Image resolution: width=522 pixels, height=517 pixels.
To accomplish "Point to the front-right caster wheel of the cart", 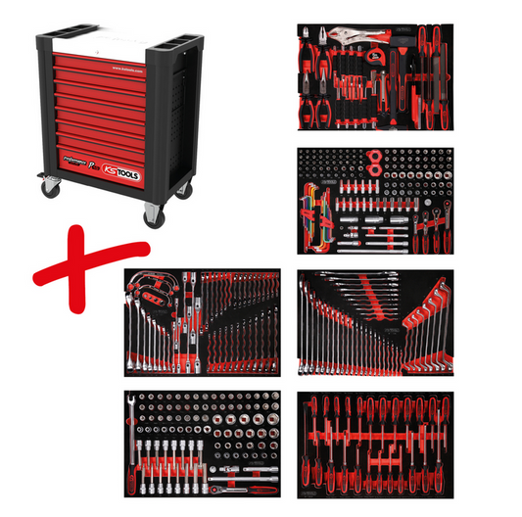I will [x=154, y=214].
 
